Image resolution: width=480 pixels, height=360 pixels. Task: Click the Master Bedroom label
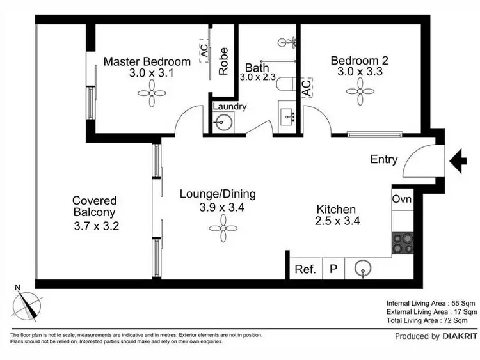pos(147,62)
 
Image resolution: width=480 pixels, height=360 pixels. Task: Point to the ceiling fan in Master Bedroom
pos(152,95)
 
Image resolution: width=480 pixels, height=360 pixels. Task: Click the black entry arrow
pos(460,160)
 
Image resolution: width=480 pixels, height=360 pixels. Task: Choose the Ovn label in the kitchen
pos(402,200)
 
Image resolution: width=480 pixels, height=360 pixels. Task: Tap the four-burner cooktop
pos(402,245)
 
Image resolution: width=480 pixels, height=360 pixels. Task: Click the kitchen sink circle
pos(363,269)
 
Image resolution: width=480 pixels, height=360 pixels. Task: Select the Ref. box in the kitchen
pos(305,269)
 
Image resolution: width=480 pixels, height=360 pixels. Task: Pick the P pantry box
pos(333,269)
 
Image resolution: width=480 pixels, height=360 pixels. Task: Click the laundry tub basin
pos(223,123)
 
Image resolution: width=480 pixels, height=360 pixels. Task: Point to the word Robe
pos(223,61)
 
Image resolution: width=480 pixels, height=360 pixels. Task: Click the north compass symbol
pos(28,304)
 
